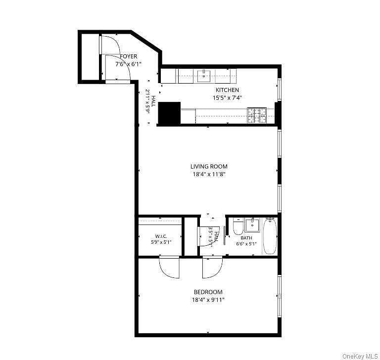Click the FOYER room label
(129, 56)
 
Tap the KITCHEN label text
(227, 90)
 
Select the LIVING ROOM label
(209, 167)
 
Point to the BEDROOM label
(208, 292)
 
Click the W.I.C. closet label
(161, 236)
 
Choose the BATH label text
(246, 238)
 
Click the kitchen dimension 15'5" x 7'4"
(227, 98)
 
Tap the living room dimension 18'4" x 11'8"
(209, 174)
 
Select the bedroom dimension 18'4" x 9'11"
(208, 300)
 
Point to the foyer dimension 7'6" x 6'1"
(128, 64)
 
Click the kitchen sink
(204, 76)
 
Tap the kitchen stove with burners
(257, 115)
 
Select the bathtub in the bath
(270, 236)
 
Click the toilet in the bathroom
(238, 226)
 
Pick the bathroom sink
(252, 225)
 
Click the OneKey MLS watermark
(360, 357)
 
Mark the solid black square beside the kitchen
(169, 113)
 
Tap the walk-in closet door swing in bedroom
(169, 268)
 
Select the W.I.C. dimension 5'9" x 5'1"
(161, 242)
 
